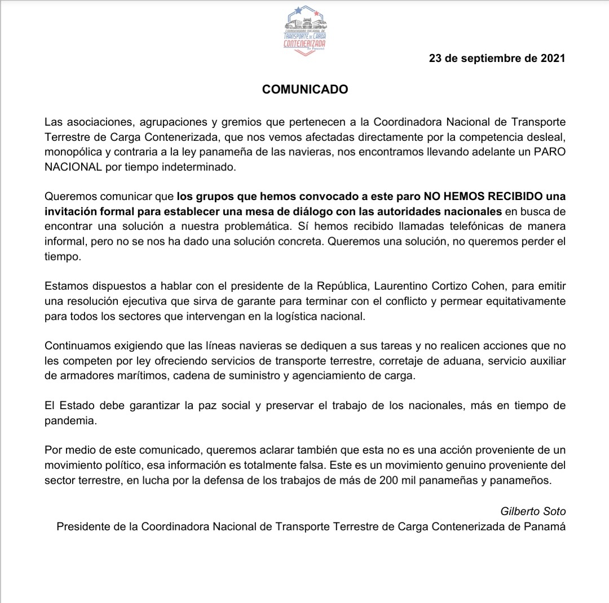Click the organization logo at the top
(304, 28)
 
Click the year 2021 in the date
(551, 58)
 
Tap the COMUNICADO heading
(305, 90)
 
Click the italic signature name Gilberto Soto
(533, 511)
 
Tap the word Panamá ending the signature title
(546, 526)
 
